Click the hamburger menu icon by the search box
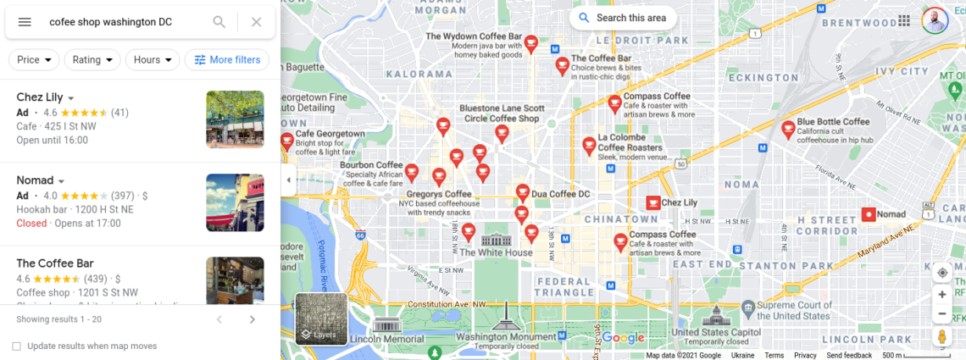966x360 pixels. coord(25,22)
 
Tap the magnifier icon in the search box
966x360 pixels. coord(219,22)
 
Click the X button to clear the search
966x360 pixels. coord(257,22)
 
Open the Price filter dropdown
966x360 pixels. coord(34,60)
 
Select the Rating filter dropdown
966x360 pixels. coord(93,60)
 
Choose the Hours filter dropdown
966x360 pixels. coord(153,60)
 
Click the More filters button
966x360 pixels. coord(227,60)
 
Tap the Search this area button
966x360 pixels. coord(623,18)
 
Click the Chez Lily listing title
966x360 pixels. coord(39,97)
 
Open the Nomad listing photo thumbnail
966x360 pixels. coord(235,202)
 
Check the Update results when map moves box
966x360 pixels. coord(16,346)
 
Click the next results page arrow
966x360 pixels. coord(252,319)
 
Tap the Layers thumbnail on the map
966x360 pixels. coord(321,319)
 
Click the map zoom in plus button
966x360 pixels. coord(941,295)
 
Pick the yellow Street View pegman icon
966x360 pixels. coord(941,336)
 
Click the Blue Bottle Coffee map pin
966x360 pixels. coord(788,129)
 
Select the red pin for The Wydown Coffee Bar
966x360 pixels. coord(531,43)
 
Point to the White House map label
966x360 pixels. coord(496,252)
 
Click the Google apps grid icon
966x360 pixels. coord(904,21)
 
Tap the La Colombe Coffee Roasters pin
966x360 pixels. coord(589,146)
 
